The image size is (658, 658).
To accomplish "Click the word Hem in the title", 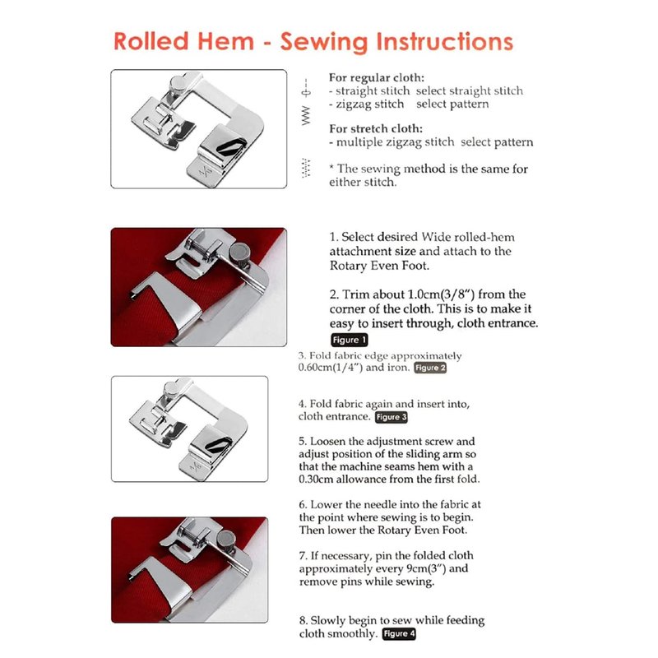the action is point(225,42).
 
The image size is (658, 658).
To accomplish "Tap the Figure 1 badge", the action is point(349,340).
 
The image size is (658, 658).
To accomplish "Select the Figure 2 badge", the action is point(430,368).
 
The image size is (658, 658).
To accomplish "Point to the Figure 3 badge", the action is point(392,417).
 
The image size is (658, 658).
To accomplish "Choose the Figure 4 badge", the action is point(399,633).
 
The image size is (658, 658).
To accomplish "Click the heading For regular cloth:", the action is point(377,77).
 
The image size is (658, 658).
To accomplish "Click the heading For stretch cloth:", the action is point(376,128).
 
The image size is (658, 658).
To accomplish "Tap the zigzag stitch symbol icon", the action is point(306,115).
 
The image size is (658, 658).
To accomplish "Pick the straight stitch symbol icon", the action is point(306,88).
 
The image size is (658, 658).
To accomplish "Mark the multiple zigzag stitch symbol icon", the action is point(306,168).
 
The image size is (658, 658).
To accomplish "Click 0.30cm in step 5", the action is point(316,479).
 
